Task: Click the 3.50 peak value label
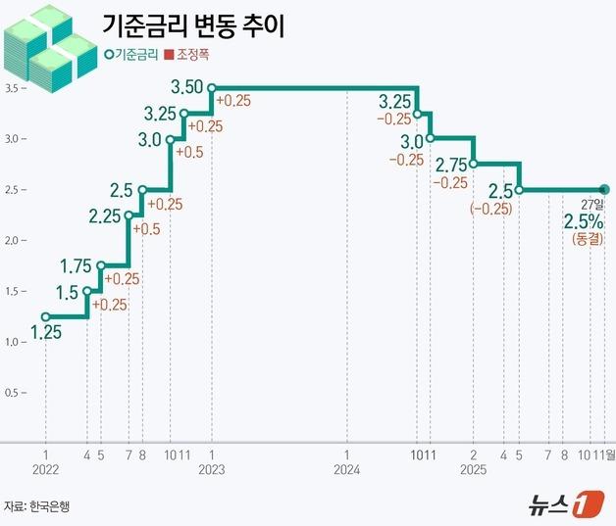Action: coord(186,87)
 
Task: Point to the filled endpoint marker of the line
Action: coord(604,189)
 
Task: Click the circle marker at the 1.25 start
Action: coord(45,316)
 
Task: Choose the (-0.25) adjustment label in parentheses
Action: coord(490,209)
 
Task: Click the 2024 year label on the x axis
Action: coord(348,470)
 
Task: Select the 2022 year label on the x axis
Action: coord(45,470)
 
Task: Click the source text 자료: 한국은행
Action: coord(37,506)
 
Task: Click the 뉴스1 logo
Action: coord(560,505)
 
